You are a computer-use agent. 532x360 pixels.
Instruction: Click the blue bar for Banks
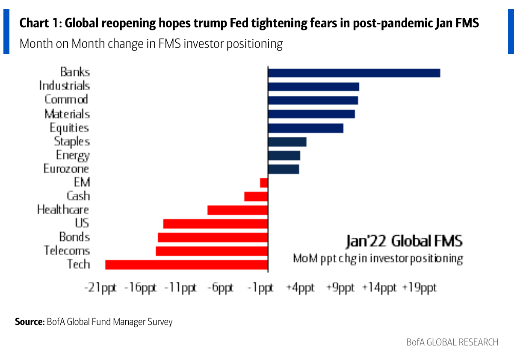tap(354, 73)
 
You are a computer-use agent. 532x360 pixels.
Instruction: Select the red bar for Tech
tap(186, 265)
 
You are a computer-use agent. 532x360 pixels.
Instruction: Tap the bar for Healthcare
tap(237, 210)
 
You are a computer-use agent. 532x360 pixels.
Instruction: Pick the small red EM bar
tap(264, 183)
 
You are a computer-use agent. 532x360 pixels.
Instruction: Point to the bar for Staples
tap(287, 142)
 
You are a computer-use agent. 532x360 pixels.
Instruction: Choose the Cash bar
tap(256, 196)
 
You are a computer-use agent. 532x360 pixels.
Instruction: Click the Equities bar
tap(305, 128)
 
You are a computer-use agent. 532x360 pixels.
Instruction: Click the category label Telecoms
tap(67, 250)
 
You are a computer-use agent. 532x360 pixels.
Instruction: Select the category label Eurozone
tap(66, 168)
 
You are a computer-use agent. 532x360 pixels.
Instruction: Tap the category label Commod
tap(66, 100)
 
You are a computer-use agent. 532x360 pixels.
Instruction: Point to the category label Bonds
tap(74, 236)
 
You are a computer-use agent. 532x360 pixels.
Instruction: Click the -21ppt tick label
tap(100, 288)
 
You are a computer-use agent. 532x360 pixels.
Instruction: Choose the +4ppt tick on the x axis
tap(300, 288)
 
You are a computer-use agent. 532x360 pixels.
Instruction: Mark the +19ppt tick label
tap(419, 288)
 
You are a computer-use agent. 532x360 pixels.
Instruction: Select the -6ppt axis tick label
tap(220, 288)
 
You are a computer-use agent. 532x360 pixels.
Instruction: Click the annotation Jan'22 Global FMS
tap(404, 241)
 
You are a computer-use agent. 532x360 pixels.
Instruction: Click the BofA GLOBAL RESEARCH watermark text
tap(452, 342)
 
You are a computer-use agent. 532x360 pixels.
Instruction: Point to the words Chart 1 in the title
tap(40, 24)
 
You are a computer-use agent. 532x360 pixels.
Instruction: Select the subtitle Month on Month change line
tap(151, 44)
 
